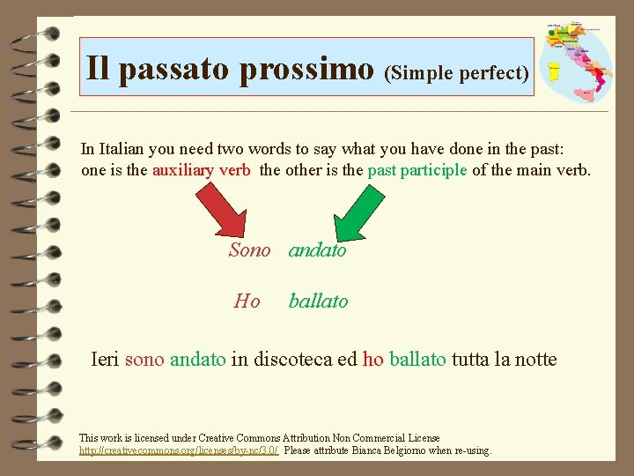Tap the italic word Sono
pos(249,250)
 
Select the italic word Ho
pos(247,301)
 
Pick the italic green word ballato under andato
pos(318,301)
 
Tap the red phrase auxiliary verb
pos(202,170)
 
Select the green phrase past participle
pos(417,170)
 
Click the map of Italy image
pos(577,62)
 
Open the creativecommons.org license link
pos(179,450)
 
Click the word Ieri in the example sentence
pos(107,360)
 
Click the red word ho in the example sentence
pos(372,360)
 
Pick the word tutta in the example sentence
pos(470,360)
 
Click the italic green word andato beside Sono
pos(318,250)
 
